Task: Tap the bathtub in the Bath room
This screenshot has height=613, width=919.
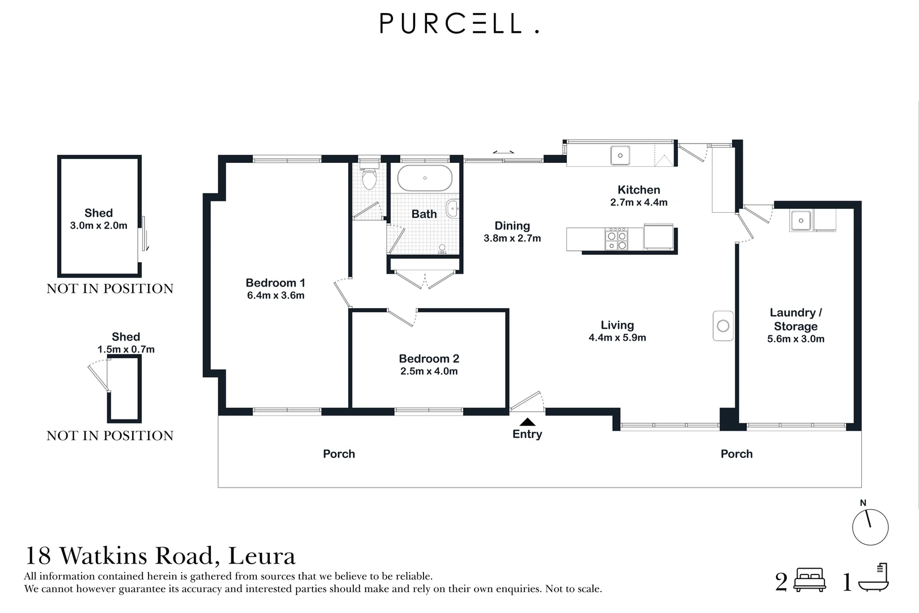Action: pos(425,178)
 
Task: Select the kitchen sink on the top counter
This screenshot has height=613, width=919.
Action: pos(620,155)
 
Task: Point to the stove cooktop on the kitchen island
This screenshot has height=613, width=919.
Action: pos(616,239)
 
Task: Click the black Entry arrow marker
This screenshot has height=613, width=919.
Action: pos(527,422)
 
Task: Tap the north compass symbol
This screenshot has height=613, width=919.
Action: pos(870,527)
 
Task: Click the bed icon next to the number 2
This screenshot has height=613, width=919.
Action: pos(810,580)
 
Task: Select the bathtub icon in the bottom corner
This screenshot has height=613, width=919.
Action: pos(873,579)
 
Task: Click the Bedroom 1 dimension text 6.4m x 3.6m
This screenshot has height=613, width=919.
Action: pos(276,296)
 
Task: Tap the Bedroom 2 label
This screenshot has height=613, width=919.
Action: pos(429,359)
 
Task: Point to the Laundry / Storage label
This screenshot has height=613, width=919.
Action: pos(795,319)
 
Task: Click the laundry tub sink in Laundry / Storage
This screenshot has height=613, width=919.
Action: pos(801,220)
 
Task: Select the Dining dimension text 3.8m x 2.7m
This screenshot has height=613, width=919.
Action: pos(512,238)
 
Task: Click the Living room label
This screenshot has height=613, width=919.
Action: pos(617,325)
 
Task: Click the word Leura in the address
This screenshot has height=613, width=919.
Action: pos(261,556)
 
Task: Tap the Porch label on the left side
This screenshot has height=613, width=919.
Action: pos(338,454)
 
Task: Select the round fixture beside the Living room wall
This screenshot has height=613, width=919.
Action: pos(723,326)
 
